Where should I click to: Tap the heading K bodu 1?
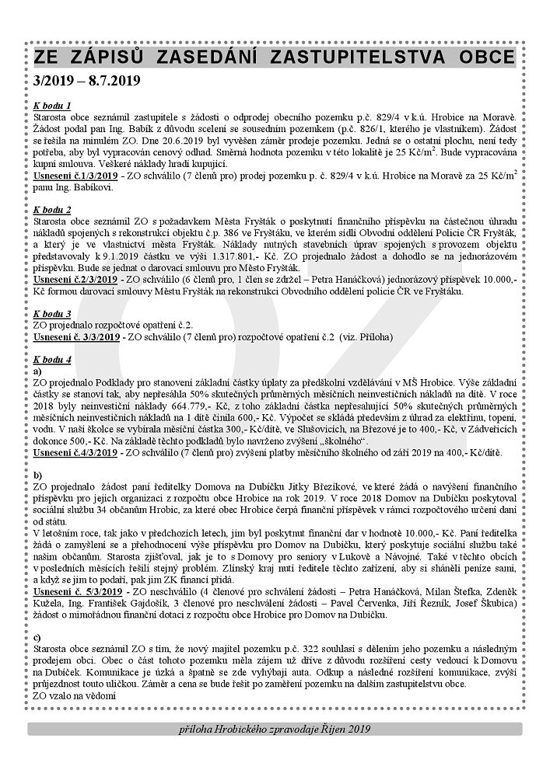tap(53, 105)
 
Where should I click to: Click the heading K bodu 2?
tap(53, 210)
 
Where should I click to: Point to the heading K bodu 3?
tap(53, 314)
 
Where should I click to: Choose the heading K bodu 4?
tap(53, 360)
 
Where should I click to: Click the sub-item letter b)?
tap(38, 473)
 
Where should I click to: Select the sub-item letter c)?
tap(38, 637)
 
